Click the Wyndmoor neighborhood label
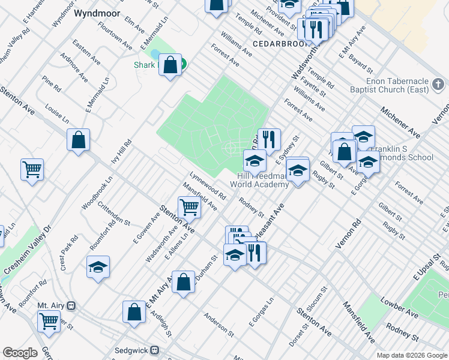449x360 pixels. (97, 13)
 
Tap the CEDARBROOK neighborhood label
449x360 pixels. (280, 44)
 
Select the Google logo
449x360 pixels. (20, 353)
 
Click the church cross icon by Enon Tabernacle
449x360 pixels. (438, 85)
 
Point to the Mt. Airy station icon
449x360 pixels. (71, 305)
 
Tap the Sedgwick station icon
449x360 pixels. (154, 350)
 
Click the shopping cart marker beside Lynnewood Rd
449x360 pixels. (189, 208)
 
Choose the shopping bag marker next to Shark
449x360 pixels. (170, 65)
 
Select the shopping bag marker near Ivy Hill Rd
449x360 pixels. (78, 140)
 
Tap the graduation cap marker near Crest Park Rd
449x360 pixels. (98, 267)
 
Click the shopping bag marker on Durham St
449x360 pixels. (184, 281)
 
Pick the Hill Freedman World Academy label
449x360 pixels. (259, 180)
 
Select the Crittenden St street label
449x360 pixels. (115, 213)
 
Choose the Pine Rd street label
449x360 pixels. (52, 83)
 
